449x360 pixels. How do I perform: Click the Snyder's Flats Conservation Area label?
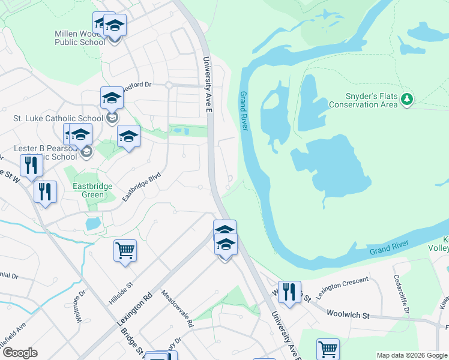(363, 100)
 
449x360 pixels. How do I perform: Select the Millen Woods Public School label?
(80, 38)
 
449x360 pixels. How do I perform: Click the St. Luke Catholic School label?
(58, 119)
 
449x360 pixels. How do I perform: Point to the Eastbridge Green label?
(92, 190)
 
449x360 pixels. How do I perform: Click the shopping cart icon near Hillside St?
(125, 250)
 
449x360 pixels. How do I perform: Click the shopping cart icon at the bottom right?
(328, 349)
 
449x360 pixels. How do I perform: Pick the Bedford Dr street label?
(136, 86)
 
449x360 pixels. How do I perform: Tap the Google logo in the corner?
(20, 353)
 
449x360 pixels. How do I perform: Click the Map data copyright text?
(411, 355)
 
